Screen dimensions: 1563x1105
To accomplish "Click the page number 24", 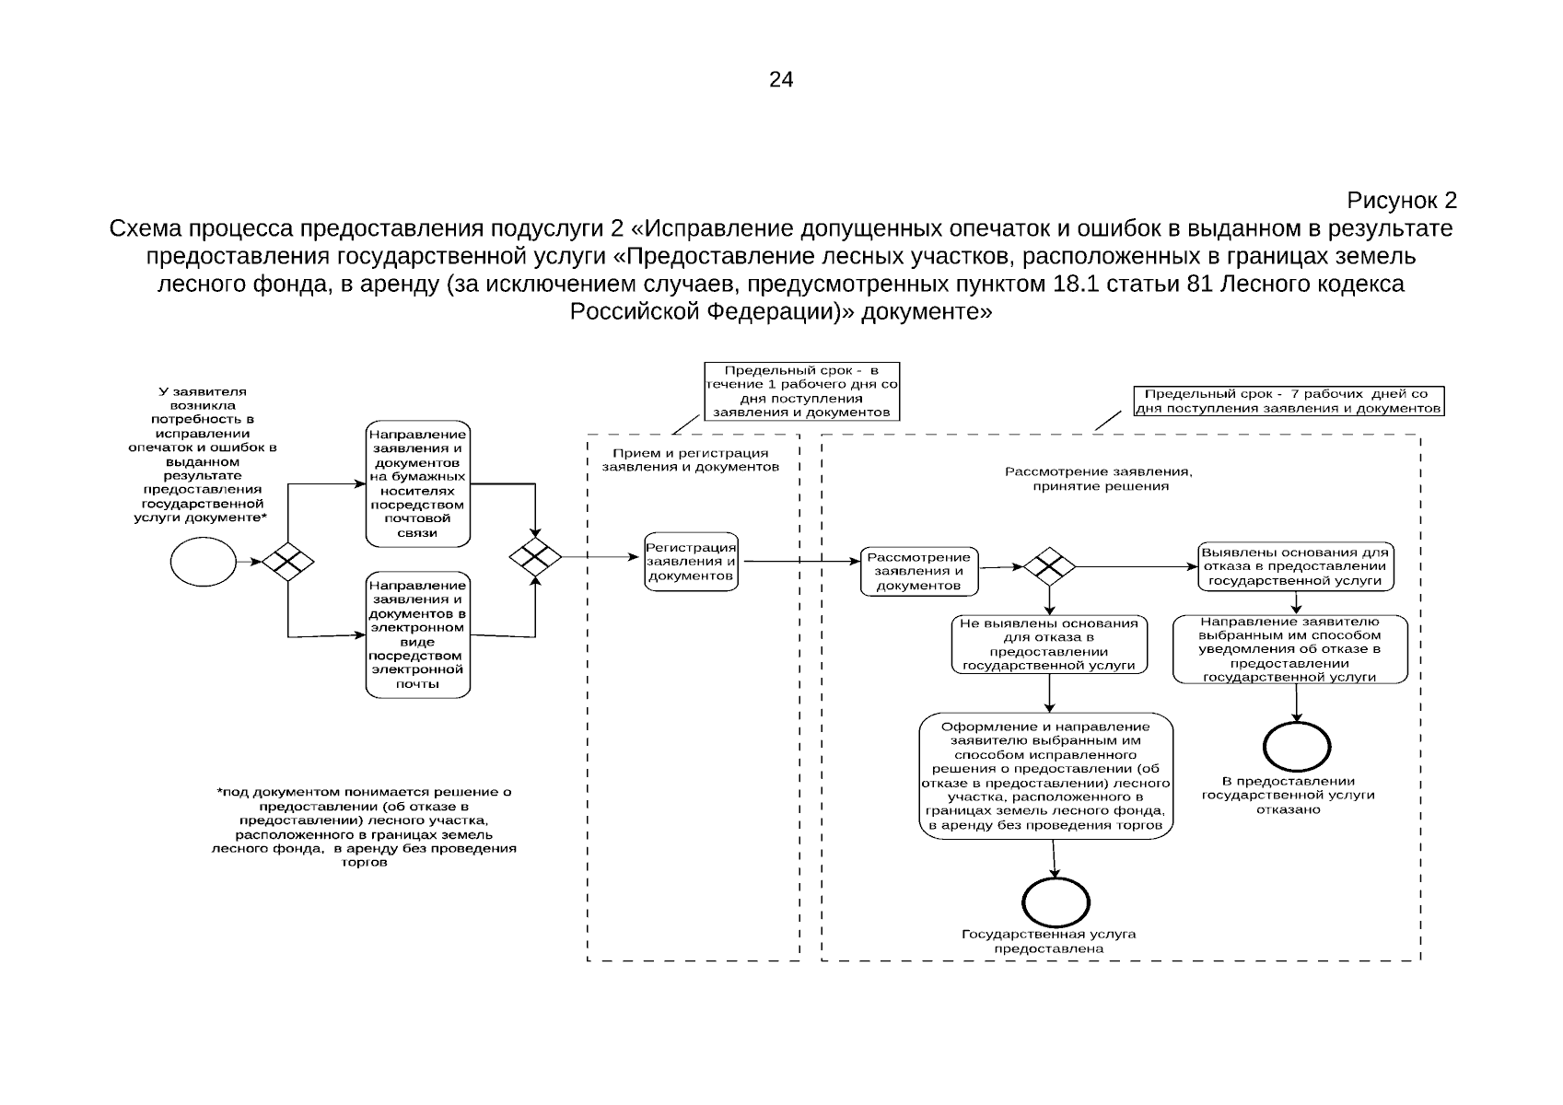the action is click(x=781, y=79).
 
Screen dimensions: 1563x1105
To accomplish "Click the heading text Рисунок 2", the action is click(x=1401, y=200).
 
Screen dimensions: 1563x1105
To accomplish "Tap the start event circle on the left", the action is click(x=203, y=562).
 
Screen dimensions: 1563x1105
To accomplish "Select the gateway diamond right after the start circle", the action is click(x=287, y=562).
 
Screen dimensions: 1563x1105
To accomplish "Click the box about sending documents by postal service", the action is click(x=418, y=483).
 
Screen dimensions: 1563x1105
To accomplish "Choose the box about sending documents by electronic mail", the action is click(x=418, y=634).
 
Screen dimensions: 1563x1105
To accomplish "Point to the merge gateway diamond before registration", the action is click(x=535, y=557).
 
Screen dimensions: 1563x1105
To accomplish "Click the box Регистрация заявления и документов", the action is click(x=691, y=562).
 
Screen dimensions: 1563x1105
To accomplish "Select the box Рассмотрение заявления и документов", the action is click(x=919, y=571).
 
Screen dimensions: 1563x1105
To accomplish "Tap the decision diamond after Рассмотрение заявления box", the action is click(x=1049, y=566).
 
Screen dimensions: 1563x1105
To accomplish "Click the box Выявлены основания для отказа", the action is click(x=1296, y=566).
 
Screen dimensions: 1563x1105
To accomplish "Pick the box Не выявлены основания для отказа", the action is click(x=1049, y=645).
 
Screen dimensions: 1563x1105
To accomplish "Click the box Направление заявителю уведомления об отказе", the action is click(x=1290, y=649).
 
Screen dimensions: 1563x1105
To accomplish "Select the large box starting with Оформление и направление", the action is click(x=1046, y=775).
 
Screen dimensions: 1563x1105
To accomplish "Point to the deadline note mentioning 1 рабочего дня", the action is click(x=801, y=391).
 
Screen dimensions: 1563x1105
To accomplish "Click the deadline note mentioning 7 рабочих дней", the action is click(x=1289, y=401).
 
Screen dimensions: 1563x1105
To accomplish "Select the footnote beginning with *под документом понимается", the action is click(x=364, y=827).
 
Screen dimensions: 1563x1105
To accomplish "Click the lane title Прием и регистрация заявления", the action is click(x=690, y=459).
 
